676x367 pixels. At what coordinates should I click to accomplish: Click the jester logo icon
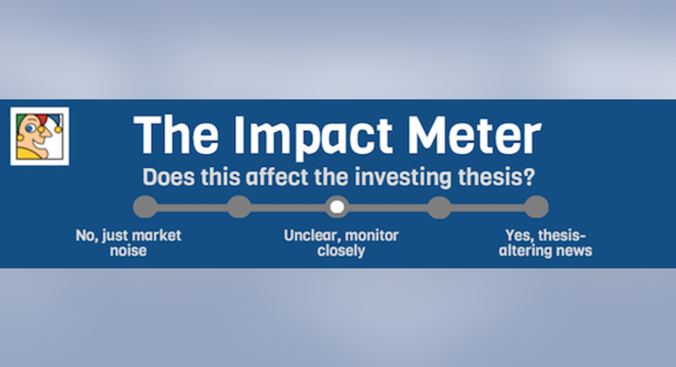(x=40, y=136)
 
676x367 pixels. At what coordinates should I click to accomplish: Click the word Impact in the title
(x=312, y=135)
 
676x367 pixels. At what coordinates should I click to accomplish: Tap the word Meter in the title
(x=474, y=134)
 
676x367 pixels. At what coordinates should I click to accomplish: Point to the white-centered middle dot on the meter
(x=337, y=207)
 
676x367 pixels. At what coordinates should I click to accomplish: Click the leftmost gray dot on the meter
(x=145, y=207)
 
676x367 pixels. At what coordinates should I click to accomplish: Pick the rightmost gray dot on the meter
(x=537, y=207)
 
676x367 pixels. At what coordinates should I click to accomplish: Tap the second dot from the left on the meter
(x=240, y=207)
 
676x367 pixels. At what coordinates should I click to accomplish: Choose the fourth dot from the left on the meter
(x=439, y=207)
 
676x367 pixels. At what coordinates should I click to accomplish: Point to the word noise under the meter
(x=128, y=251)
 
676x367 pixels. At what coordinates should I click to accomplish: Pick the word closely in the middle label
(x=341, y=251)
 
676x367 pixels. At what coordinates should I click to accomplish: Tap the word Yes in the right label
(x=516, y=236)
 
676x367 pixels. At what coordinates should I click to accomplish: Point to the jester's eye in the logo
(x=30, y=128)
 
